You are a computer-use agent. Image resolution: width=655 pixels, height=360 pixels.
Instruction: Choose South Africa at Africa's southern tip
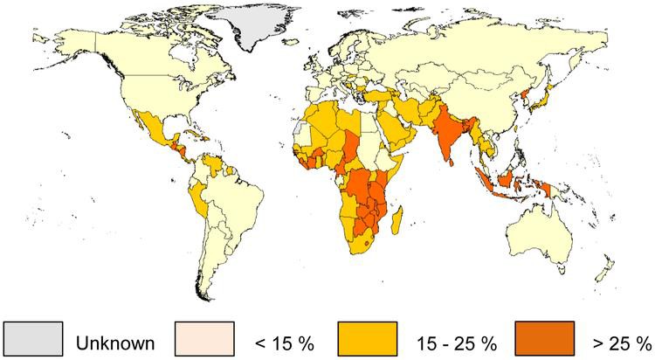pyautogui.click(x=367, y=241)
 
